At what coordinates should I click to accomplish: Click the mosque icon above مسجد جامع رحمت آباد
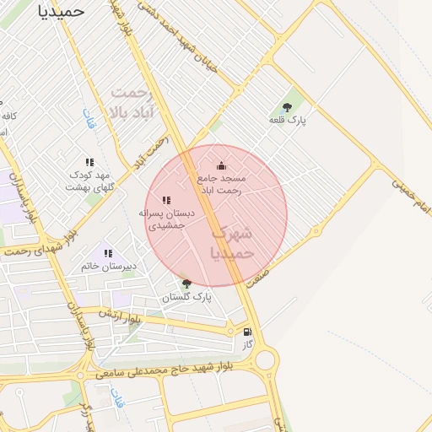[221, 165]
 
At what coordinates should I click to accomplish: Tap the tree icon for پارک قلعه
[287, 107]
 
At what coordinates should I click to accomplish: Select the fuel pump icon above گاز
[247, 332]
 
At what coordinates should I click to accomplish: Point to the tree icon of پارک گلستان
[186, 283]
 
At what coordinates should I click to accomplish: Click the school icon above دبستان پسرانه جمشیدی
[166, 201]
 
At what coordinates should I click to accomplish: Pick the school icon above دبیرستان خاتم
[107, 253]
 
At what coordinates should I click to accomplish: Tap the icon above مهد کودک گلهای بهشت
[89, 162]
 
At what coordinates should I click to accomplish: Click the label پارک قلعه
[288, 121]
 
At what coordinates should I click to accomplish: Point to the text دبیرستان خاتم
[109, 266]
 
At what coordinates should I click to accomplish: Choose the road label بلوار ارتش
[119, 316]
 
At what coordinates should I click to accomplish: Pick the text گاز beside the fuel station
[247, 344]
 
